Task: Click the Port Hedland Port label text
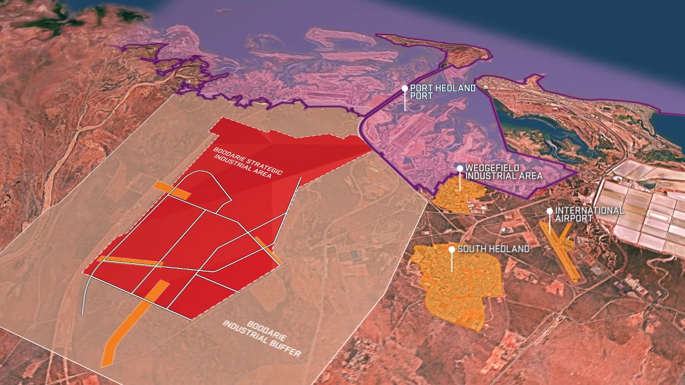(x=442, y=92)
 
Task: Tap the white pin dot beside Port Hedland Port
(x=405, y=88)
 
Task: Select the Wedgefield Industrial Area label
(x=504, y=172)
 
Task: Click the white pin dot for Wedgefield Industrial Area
(x=460, y=168)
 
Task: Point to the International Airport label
(x=589, y=214)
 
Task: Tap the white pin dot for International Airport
(x=550, y=211)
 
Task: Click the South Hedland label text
(x=493, y=249)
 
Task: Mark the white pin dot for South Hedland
(x=452, y=249)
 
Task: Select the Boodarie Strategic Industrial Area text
(x=248, y=160)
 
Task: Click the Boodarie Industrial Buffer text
(x=262, y=338)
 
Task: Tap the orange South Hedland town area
(x=460, y=289)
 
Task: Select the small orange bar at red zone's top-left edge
(x=171, y=190)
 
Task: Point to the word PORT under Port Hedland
(x=421, y=96)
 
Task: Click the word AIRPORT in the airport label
(x=574, y=218)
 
